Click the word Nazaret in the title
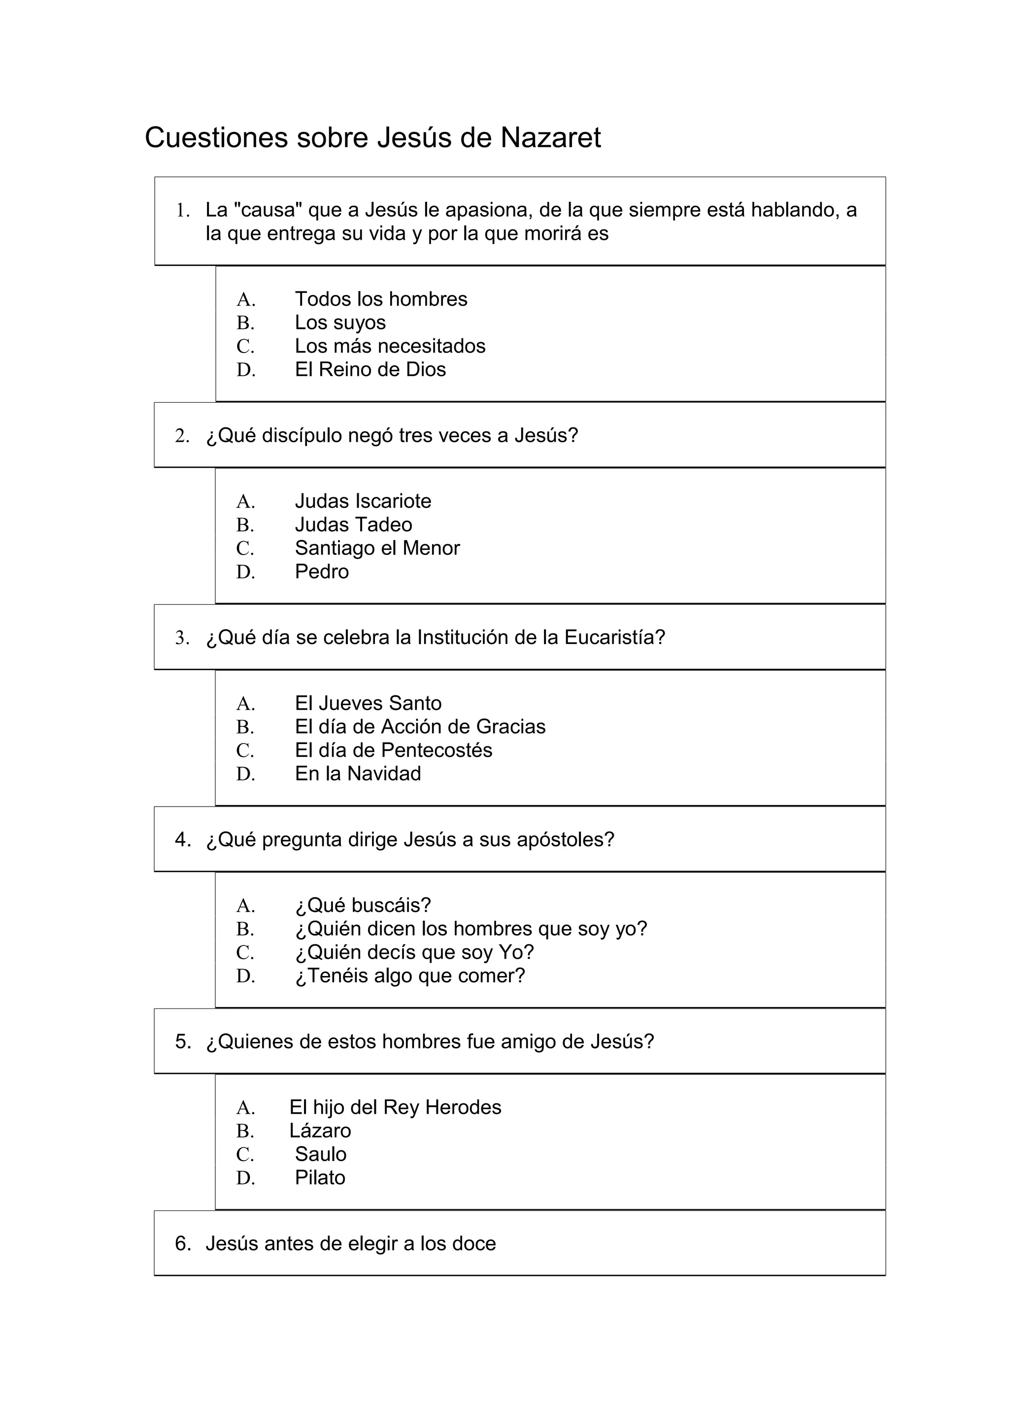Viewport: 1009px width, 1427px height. coord(550,138)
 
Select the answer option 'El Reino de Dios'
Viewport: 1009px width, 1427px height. coord(370,369)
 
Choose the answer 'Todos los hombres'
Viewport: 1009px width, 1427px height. coord(380,299)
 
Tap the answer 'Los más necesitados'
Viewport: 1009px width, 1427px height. coord(390,346)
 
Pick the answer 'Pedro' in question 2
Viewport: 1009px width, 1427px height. coord(321,571)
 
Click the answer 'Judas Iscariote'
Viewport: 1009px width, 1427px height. coord(363,501)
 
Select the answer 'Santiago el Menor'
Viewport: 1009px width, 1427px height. coord(377,548)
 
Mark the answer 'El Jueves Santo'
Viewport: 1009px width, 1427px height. coord(368,703)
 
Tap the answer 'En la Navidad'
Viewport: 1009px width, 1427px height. coord(358,773)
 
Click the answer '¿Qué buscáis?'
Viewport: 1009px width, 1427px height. coord(363,905)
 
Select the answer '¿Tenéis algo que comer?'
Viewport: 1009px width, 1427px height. coord(410,975)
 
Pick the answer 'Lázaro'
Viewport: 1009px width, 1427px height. coord(320,1131)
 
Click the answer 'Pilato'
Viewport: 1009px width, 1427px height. coord(320,1177)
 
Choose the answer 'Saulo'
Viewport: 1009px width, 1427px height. coord(320,1154)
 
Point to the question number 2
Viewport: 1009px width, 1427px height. coord(181,436)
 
